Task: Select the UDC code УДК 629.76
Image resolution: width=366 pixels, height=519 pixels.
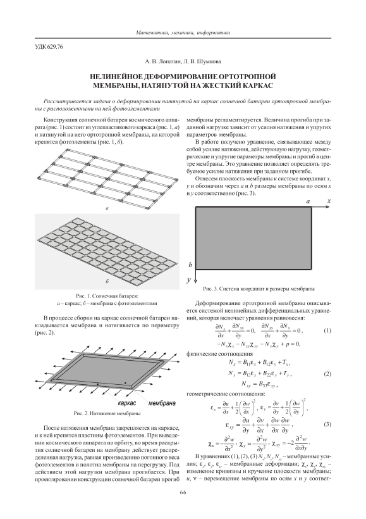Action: [x=49, y=47]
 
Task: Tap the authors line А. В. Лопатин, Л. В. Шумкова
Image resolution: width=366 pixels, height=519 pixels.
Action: [x=183, y=61]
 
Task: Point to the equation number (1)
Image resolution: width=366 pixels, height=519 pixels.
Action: [x=327, y=330]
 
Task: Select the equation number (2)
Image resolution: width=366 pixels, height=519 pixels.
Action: [x=327, y=374]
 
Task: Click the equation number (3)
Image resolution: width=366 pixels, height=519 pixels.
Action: [x=327, y=424]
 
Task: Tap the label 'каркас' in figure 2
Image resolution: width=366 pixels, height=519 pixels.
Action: [x=127, y=403]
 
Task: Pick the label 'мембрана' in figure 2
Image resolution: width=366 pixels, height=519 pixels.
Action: [x=162, y=403]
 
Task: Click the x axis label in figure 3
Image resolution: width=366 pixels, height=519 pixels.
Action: [x=329, y=201]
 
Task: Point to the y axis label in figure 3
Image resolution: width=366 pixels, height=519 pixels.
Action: [x=189, y=280]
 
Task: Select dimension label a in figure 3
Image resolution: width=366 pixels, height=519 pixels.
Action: [x=308, y=201]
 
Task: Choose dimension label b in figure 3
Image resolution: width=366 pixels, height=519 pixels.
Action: [x=190, y=265]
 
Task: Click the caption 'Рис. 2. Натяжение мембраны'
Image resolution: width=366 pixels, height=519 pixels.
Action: [x=107, y=414]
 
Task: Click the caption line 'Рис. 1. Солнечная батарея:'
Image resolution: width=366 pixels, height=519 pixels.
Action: [x=107, y=296]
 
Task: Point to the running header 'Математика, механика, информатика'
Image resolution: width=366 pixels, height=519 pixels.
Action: [x=183, y=33]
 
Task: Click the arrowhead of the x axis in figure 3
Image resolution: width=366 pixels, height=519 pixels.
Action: [x=328, y=207]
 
